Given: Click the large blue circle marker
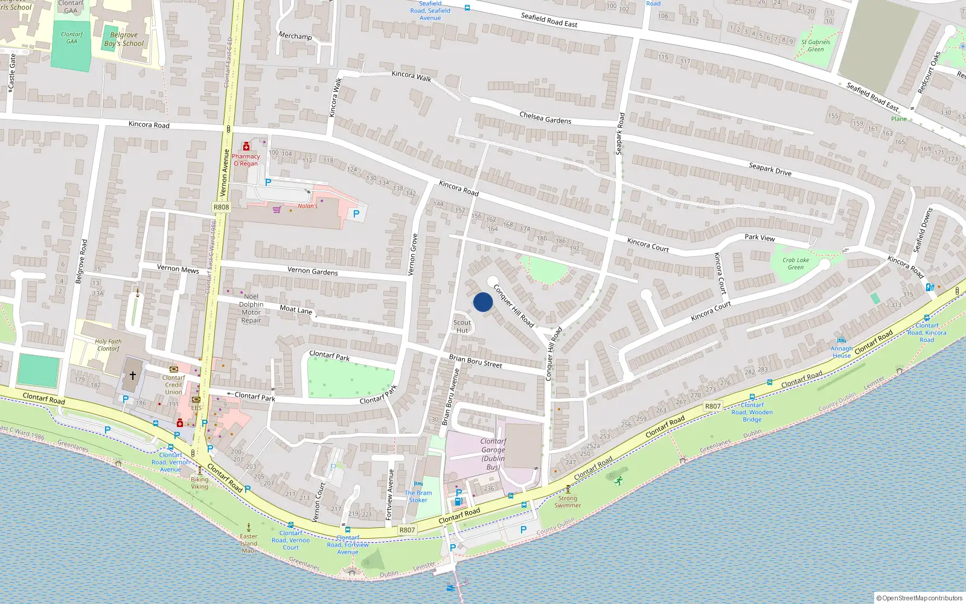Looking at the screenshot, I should [x=483, y=302].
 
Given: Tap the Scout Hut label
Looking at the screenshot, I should [x=462, y=326].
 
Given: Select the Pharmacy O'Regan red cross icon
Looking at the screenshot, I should [x=246, y=147].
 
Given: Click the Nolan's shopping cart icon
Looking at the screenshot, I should [x=277, y=210].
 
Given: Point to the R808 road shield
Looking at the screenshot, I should [x=222, y=207].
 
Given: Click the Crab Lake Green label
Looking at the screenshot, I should [x=796, y=263].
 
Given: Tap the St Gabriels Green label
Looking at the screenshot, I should [x=816, y=45].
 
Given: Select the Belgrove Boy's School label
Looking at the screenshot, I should [x=124, y=39].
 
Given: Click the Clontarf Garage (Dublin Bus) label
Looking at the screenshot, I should [x=493, y=454].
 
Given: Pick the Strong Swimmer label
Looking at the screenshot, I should [x=568, y=502].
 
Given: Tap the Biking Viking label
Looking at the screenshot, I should [x=200, y=483].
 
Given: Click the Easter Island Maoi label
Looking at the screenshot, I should [x=249, y=543].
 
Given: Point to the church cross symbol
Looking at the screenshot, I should [x=133, y=375].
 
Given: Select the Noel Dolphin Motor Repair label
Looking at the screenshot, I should [x=251, y=308].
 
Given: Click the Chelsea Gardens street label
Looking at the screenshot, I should [x=545, y=117].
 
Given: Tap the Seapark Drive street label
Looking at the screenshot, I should [x=770, y=169].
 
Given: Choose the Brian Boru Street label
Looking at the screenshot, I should [x=475, y=361].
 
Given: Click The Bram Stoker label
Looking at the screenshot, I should [x=418, y=496].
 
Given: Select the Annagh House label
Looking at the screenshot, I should [x=842, y=352].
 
